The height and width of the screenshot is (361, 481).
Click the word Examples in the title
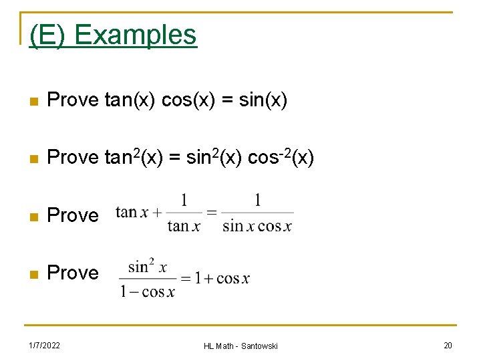[x=136, y=34]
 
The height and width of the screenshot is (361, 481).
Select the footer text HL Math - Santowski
[x=240, y=345]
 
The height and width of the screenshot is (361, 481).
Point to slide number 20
[x=447, y=345]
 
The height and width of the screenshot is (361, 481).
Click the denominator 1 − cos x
[x=148, y=292]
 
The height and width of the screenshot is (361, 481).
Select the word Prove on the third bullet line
[x=73, y=215]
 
